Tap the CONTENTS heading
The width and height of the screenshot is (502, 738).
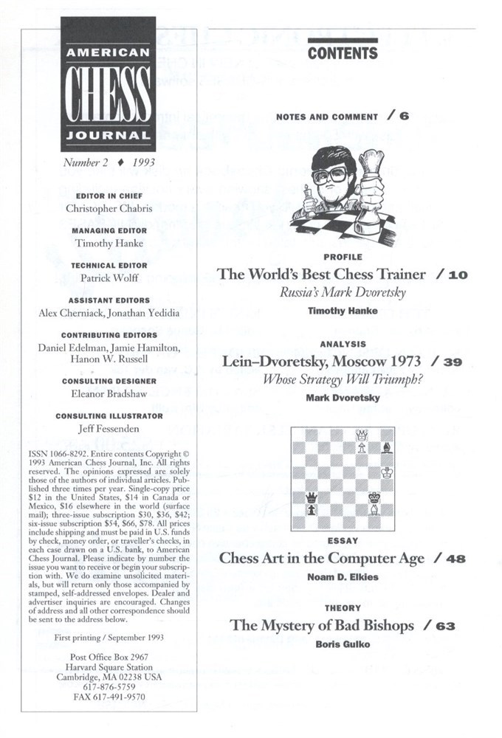point(343,53)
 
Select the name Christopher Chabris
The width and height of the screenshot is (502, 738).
point(109,208)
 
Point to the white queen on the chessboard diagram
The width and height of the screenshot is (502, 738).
point(362,435)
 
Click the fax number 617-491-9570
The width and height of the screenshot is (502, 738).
point(109,696)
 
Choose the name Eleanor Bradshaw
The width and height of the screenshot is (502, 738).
point(109,393)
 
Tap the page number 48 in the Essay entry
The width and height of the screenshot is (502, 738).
point(455,559)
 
